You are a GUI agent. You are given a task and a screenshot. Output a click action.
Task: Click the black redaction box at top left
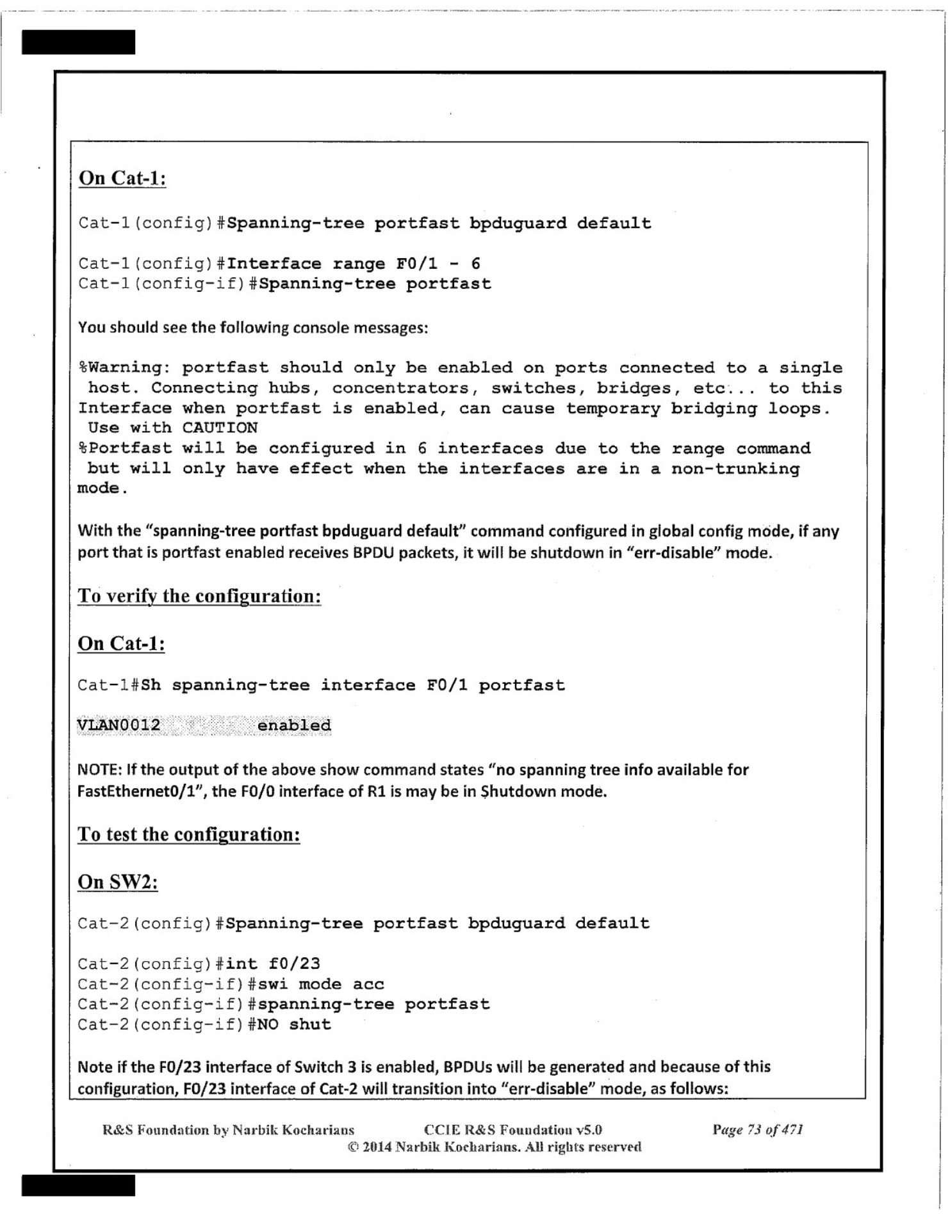coord(78,42)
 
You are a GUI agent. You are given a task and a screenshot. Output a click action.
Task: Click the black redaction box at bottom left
coord(78,1185)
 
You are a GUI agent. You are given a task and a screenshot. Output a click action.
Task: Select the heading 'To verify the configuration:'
coord(199,596)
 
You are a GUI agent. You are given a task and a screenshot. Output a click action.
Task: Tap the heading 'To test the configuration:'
coord(189,834)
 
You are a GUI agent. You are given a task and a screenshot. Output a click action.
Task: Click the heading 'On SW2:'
coord(118,882)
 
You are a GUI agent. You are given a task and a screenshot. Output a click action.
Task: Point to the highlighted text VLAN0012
coord(119,725)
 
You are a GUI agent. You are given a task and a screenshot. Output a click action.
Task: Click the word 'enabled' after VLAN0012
coord(294,725)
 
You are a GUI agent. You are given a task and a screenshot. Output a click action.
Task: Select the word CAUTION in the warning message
coord(220,428)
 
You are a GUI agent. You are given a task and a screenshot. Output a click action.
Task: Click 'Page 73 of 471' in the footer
coord(758,1129)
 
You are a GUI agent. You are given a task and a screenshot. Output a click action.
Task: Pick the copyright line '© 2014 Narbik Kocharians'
coord(494,1147)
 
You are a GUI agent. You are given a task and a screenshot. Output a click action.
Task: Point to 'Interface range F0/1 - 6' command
coord(353,264)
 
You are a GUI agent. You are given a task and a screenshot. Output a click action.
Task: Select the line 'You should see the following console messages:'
coord(253,328)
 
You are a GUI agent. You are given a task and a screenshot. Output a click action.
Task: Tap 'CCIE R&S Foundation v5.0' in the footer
coord(513,1129)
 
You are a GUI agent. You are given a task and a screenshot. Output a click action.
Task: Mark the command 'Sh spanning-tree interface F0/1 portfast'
coord(353,685)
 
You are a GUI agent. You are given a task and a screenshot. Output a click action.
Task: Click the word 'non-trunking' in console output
coord(735,469)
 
